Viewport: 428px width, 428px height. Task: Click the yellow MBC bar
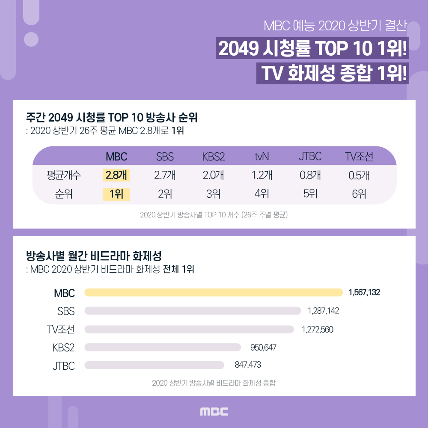[x=214, y=292]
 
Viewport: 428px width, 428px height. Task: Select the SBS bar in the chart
[x=193, y=311]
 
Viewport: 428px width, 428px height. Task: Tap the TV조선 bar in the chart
[x=189, y=329]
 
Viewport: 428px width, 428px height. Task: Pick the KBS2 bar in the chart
[x=163, y=347]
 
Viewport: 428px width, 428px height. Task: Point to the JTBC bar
[x=155, y=365]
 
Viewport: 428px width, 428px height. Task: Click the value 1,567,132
[x=364, y=292]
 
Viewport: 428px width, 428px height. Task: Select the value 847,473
[x=248, y=365]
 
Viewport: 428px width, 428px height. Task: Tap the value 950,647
[x=263, y=348]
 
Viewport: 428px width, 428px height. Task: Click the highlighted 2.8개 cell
[x=116, y=175]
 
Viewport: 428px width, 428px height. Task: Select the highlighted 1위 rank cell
[x=116, y=194]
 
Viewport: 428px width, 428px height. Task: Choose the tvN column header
[x=262, y=157]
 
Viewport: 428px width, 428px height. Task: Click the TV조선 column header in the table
[x=359, y=157]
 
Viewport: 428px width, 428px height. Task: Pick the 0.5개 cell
[x=358, y=175]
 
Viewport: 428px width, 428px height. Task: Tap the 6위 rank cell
[x=358, y=194]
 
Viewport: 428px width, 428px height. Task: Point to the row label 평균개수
[x=64, y=175]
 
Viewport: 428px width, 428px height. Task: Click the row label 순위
[x=64, y=194]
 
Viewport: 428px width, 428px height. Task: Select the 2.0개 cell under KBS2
[x=213, y=175]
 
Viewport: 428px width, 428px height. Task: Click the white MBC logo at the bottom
[x=214, y=412]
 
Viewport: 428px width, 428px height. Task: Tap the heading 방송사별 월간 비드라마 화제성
[x=94, y=257]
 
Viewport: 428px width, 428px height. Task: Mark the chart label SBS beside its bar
[x=66, y=311]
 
